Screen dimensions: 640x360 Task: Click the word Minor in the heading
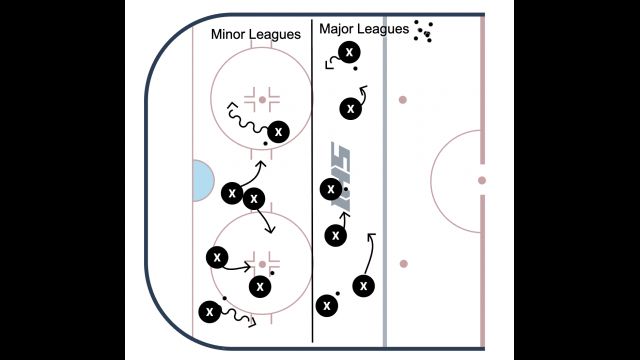[x=227, y=34]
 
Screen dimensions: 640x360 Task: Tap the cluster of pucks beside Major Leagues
[x=424, y=31]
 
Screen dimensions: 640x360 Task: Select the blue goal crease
[x=203, y=180]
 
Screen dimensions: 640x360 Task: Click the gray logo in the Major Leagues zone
[x=341, y=176]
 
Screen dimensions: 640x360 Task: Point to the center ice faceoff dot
[x=482, y=180]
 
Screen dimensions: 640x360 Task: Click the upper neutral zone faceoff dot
[x=403, y=100]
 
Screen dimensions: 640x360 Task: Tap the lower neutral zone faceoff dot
[x=404, y=264]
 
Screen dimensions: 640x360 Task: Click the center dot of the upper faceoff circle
[x=262, y=100]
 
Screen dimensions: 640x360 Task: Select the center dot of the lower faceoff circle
[x=262, y=264]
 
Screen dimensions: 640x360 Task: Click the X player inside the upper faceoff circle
[x=278, y=132]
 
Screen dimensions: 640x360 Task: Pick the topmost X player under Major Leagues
[x=349, y=52]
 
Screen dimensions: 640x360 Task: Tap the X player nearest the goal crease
[x=232, y=193]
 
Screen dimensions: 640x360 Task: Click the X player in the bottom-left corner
[x=210, y=312]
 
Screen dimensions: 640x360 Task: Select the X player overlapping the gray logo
[x=331, y=189]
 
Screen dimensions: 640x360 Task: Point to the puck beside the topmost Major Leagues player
[x=356, y=69]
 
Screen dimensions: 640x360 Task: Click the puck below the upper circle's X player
[x=266, y=144]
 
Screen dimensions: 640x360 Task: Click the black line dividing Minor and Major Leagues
[x=312, y=180]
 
